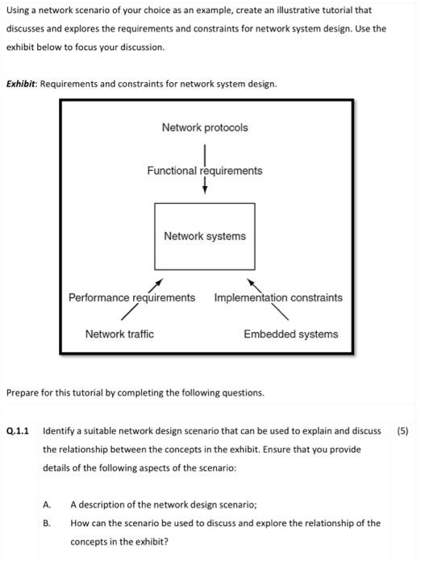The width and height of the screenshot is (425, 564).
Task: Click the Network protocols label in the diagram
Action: click(x=205, y=128)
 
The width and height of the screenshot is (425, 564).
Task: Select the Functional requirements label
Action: click(x=205, y=171)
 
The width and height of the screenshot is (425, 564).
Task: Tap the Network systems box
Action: click(x=205, y=236)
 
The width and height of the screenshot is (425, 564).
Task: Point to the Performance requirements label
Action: click(x=131, y=298)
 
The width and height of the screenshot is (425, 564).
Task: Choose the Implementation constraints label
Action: click(x=278, y=298)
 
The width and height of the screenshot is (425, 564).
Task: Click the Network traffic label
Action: click(x=119, y=334)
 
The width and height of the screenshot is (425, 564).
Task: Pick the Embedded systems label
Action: click(x=291, y=334)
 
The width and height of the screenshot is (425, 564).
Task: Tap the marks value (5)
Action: click(x=403, y=430)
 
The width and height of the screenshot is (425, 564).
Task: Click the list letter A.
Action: click(x=48, y=504)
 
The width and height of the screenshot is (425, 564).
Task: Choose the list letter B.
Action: click(x=48, y=523)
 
